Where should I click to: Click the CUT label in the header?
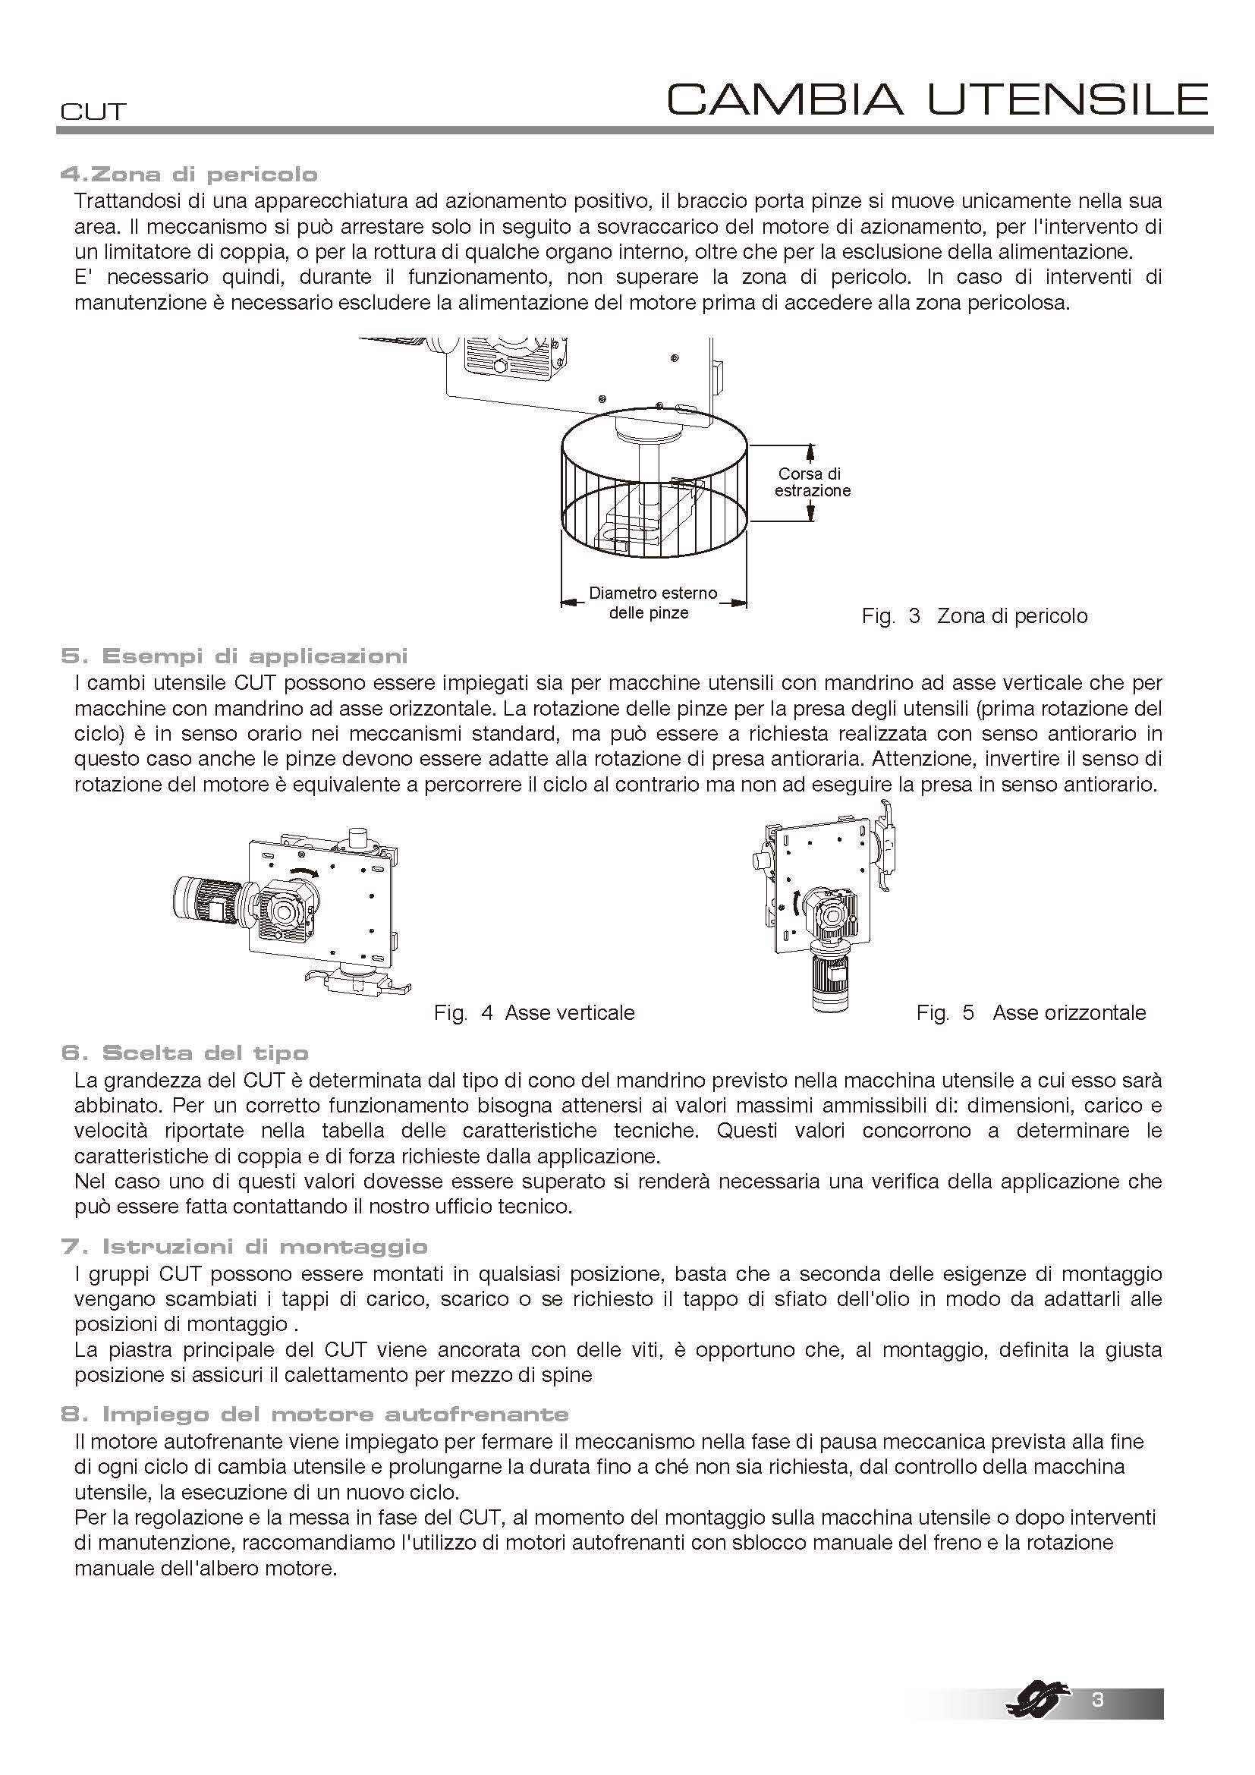coord(93,112)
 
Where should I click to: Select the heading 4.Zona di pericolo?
coord(190,175)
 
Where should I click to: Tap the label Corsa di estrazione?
coord(811,483)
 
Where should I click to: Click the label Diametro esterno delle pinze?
coord(653,603)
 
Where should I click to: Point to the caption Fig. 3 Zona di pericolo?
coord(973,616)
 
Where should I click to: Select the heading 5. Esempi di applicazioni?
coord(234,657)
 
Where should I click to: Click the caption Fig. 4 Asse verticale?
coord(534,1013)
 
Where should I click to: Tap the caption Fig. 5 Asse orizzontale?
coord(1031,1013)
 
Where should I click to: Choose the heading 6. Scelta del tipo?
coord(184,1054)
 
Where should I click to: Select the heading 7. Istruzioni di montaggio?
coord(244,1247)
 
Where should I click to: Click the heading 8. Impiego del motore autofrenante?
coord(315,1415)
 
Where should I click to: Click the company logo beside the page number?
coord(1039,1701)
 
